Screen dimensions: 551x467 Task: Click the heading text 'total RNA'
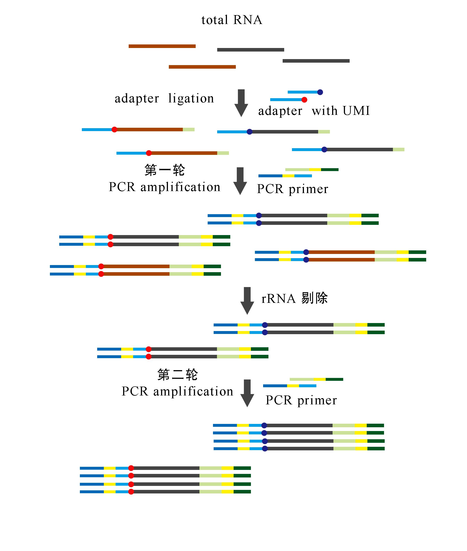click(x=232, y=20)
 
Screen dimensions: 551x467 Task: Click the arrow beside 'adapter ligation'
click(x=241, y=103)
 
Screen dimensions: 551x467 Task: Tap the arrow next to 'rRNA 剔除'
click(x=247, y=300)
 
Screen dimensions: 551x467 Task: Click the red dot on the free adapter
click(x=304, y=100)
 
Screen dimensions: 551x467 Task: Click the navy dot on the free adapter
click(x=320, y=92)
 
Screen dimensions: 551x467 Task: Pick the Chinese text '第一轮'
click(x=164, y=170)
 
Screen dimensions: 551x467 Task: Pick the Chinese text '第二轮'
click(x=177, y=375)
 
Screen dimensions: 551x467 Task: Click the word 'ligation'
click(x=191, y=98)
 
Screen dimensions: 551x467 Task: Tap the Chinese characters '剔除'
click(x=314, y=298)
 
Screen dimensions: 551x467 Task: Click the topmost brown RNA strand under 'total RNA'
click(x=162, y=46)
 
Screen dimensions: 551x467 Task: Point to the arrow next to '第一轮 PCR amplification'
click(x=240, y=181)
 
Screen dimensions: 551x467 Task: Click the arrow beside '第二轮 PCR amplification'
click(x=247, y=393)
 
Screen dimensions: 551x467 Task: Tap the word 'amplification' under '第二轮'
click(x=193, y=391)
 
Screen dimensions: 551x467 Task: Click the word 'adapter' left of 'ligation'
click(x=137, y=99)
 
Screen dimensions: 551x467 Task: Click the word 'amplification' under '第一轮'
click(x=180, y=187)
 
